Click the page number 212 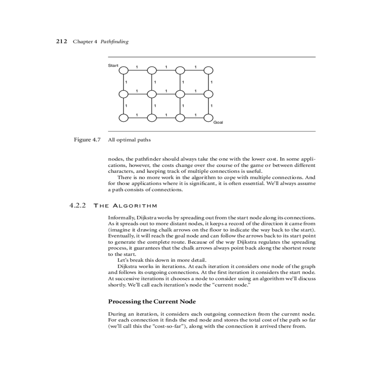coord(62,41)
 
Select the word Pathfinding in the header coord(114,42)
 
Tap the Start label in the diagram coord(113,66)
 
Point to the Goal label coord(218,122)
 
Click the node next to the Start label coord(124,70)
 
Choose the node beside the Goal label coord(208,118)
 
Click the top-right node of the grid coord(208,70)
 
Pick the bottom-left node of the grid coord(124,118)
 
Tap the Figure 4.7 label coord(87,140)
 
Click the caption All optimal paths coord(129,140)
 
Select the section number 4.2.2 coord(77,206)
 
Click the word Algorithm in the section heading coord(135,206)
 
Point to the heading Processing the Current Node coord(152,301)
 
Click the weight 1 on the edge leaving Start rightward coord(137,67)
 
